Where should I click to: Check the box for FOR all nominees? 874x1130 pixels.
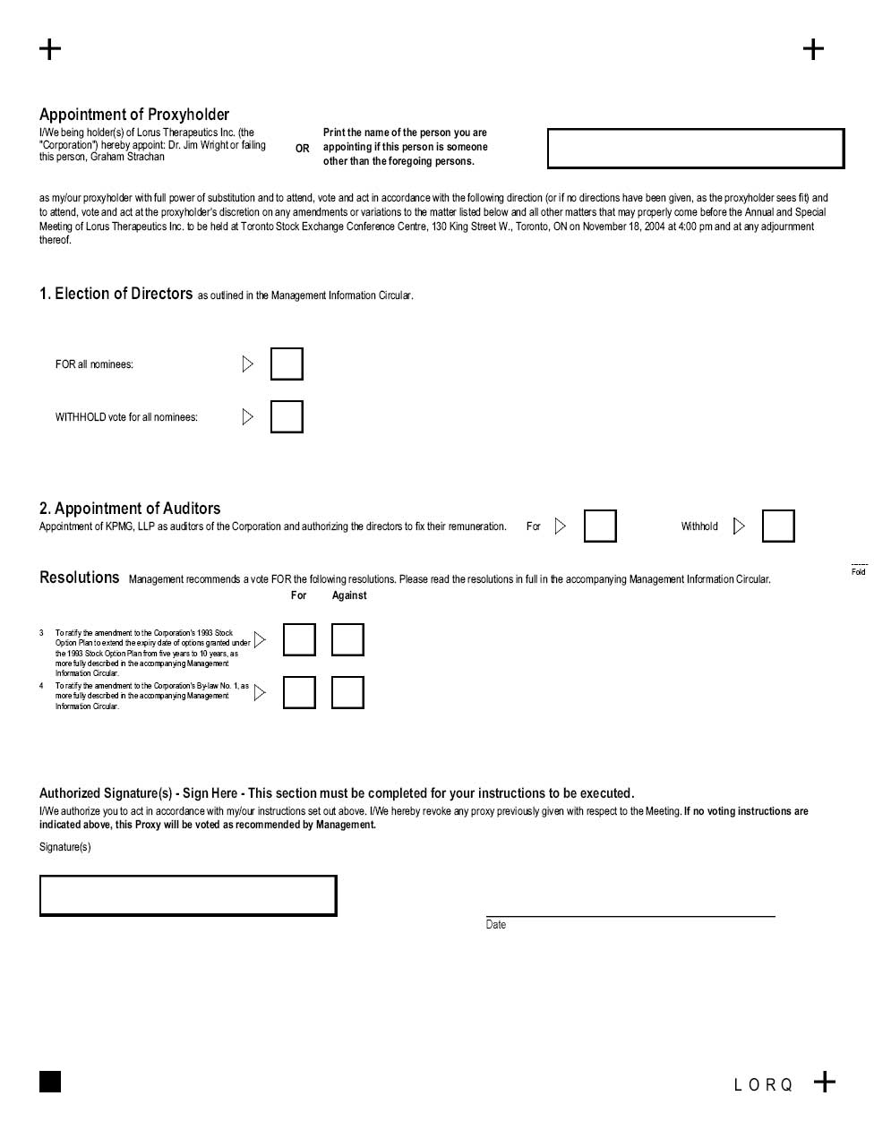(x=287, y=364)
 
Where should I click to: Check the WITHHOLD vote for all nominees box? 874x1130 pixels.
(x=287, y=417)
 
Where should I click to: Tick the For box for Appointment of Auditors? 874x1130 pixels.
(x=600, y=526)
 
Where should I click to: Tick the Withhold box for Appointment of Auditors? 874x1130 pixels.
(x=778, y=526)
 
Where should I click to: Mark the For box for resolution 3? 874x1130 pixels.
(x=299, y=640)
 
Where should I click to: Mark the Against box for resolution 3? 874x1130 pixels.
(x=347, y=640)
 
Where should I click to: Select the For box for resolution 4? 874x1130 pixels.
(x=299, y=693)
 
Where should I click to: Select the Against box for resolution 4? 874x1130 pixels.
(x=347, y=693)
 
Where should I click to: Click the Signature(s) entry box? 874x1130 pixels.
(x=188, y=896)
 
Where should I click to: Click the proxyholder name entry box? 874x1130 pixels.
(x=696, y=149)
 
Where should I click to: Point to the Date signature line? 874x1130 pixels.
(x=630, y=915)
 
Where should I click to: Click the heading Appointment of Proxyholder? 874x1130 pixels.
(x=134, y=115)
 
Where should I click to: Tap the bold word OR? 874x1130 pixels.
(x=303, y=149)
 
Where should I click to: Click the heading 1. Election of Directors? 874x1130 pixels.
(x=116, y=294)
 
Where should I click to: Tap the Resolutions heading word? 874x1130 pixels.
(x=79, y=578)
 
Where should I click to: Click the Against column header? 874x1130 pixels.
(x=349, y=595)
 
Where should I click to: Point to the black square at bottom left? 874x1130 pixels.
(x=50, y=1082)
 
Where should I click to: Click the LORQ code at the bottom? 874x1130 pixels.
(x=763, y=1085)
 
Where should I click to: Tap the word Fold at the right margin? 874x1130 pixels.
(x=859, y=572)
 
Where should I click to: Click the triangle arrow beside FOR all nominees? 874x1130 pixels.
(x=248, y=364)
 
